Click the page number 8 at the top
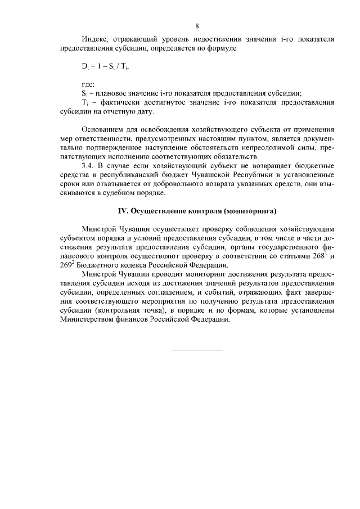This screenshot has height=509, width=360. [197, 26]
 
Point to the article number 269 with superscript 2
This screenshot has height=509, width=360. [67, 265]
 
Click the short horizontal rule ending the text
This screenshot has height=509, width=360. [196, 350]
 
